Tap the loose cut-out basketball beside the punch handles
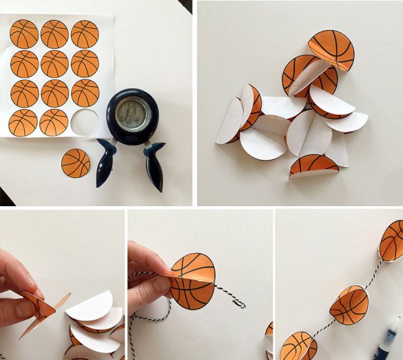[76, 163]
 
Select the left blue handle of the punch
[107, 163]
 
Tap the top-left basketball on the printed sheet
[24, 34]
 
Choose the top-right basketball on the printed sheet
[85, 34]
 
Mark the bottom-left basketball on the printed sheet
[23, 122]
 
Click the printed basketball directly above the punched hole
[85, 92]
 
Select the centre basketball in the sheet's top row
[54, 34]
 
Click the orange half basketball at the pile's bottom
[314, 166]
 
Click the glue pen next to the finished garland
[390, 338]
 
